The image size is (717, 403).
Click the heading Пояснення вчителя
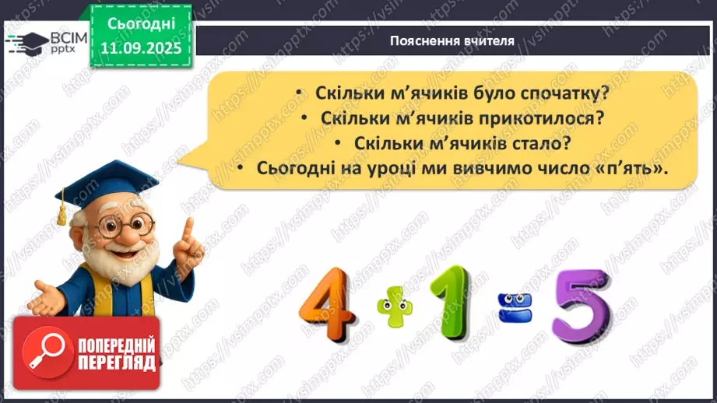452,41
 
